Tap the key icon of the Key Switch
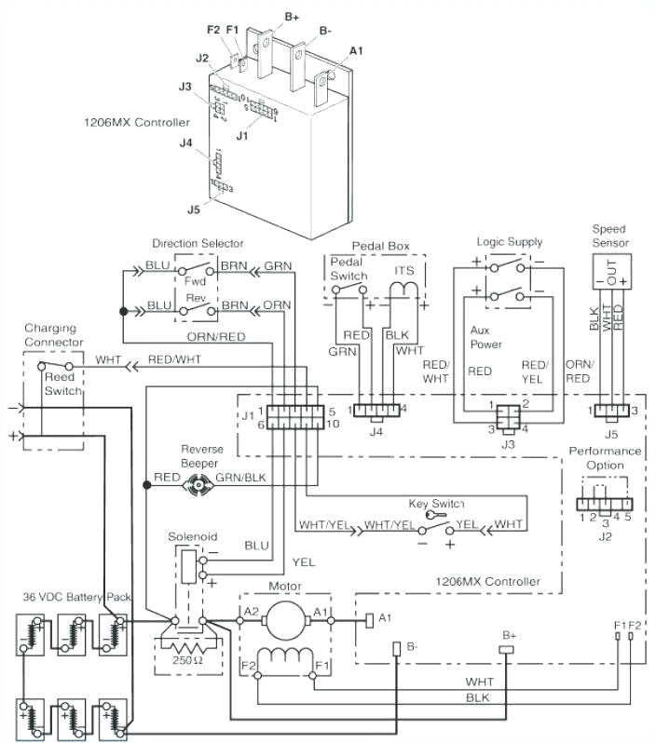point(430,514)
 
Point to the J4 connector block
point(376,409)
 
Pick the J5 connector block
point(610,410)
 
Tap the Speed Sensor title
point(610,236)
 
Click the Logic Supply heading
point(509,242)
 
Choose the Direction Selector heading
point(198,243)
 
